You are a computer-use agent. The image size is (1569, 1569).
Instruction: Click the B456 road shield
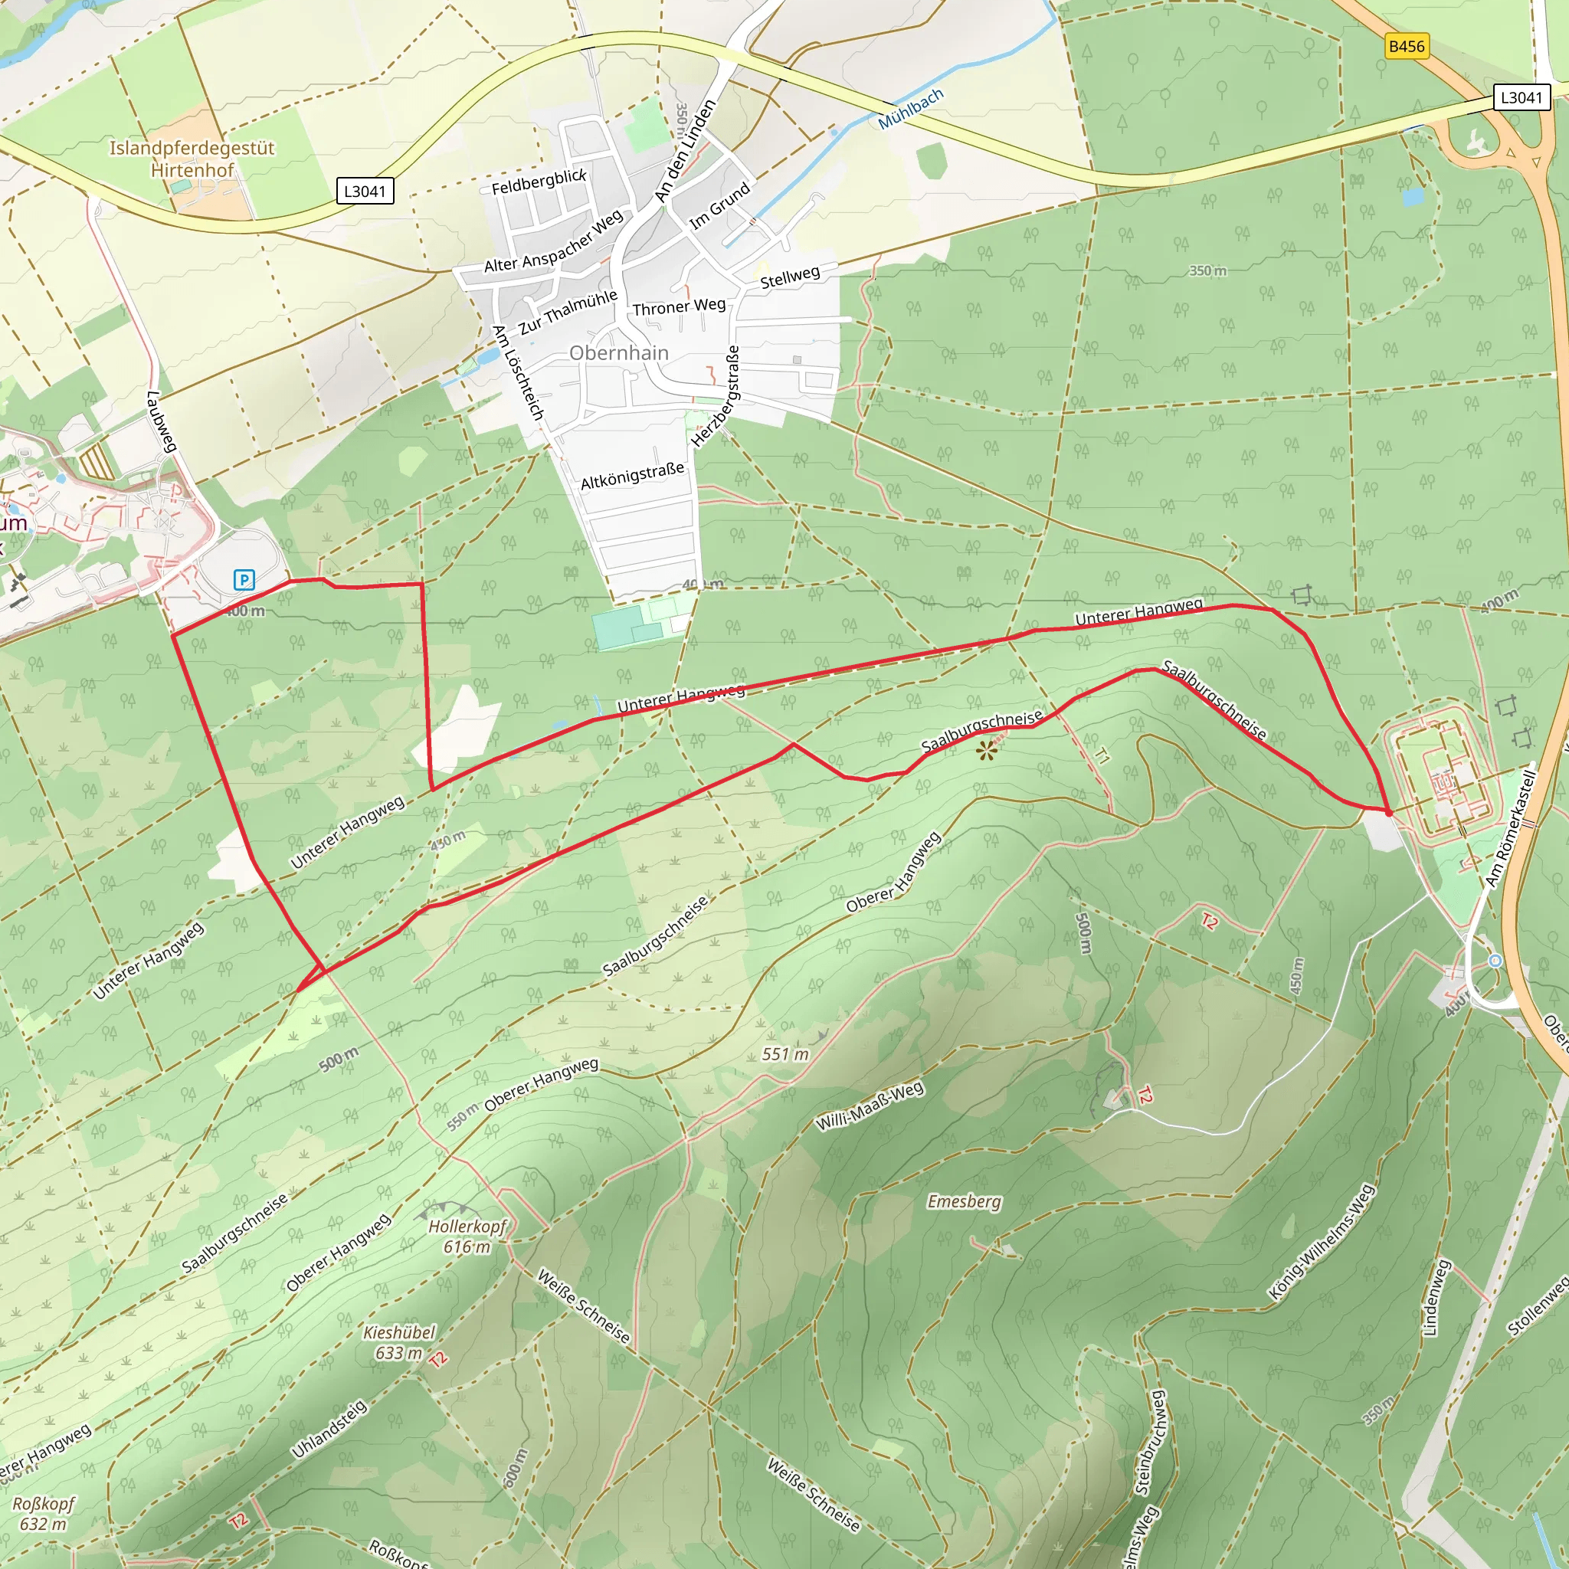coord(1406,46)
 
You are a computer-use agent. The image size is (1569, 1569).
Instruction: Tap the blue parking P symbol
coord(244,580)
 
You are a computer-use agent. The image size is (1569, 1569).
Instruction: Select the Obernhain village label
coord(619,353)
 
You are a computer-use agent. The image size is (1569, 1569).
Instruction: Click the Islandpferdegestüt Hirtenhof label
coord(192,159)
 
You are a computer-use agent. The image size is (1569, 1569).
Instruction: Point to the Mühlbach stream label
coord(911,109)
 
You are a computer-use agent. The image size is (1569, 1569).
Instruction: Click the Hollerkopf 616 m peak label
coord(467,1236)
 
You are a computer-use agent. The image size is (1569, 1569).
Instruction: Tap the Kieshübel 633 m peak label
coord(398,1342)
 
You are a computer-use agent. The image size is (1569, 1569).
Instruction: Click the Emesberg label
coord(964,1201)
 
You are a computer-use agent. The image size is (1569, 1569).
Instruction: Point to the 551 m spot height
coord(785,1054)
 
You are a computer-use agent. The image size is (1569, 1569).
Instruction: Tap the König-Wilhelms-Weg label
coord(1322,1243)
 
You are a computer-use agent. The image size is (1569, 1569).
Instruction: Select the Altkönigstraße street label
coord(632,477)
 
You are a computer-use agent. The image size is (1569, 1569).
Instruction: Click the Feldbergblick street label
coord(539,182)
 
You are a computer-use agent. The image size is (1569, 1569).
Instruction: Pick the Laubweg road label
coord(161,421)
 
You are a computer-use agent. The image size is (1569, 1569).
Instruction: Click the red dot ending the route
coord(1388,812)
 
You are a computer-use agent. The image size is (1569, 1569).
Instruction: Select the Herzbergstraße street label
coord(716,395)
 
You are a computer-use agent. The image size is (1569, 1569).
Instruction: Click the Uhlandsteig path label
coord(329,1430)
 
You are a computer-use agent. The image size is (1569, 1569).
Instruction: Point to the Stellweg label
coord(789,277)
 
